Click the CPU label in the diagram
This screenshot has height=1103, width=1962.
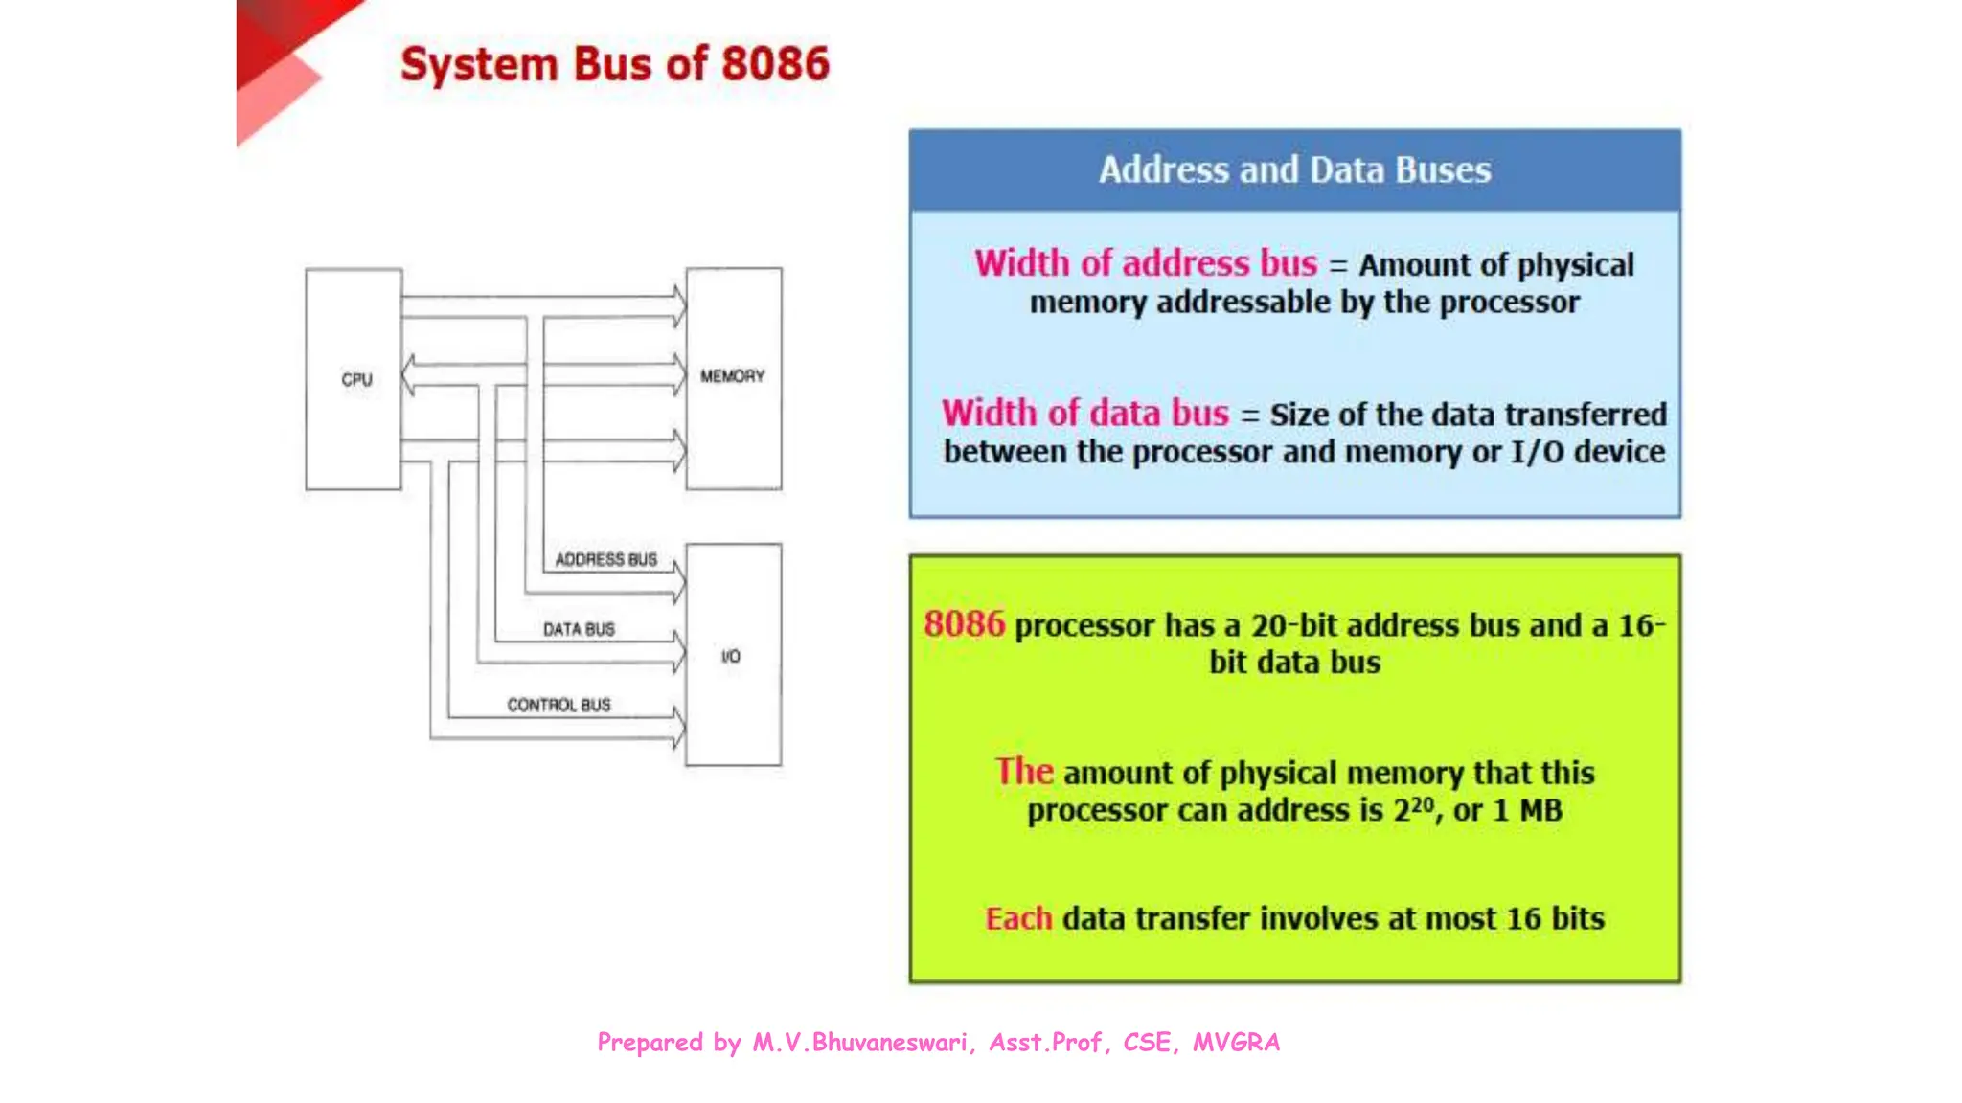click(x=356, y=379)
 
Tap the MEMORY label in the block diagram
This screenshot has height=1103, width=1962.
click(x=732, y=376)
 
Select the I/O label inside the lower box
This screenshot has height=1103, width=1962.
click(x=731, y=656)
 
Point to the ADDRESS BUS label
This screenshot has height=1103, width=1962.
click(x=605, y=559)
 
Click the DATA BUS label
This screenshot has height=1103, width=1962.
click(x=579, y=629)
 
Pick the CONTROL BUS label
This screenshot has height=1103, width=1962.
click(x=559, y=705)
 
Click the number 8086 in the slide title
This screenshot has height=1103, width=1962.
click(x=775, y=64)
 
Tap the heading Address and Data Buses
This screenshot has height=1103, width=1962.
click(x=1294, y=169)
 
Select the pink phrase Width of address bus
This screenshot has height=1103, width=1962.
click(x=1146, y=263)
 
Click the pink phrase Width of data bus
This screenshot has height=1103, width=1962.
click(x=1084, y=413)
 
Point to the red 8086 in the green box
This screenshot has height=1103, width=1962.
click(x=964, y=624)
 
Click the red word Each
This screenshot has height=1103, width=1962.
click(x=1018, y=918)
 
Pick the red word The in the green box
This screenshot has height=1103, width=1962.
click(x=1023, y=772)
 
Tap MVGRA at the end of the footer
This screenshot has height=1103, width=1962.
click(x=1236, y=1042)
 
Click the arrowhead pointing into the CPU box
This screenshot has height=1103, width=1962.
click(x=408, y=374)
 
